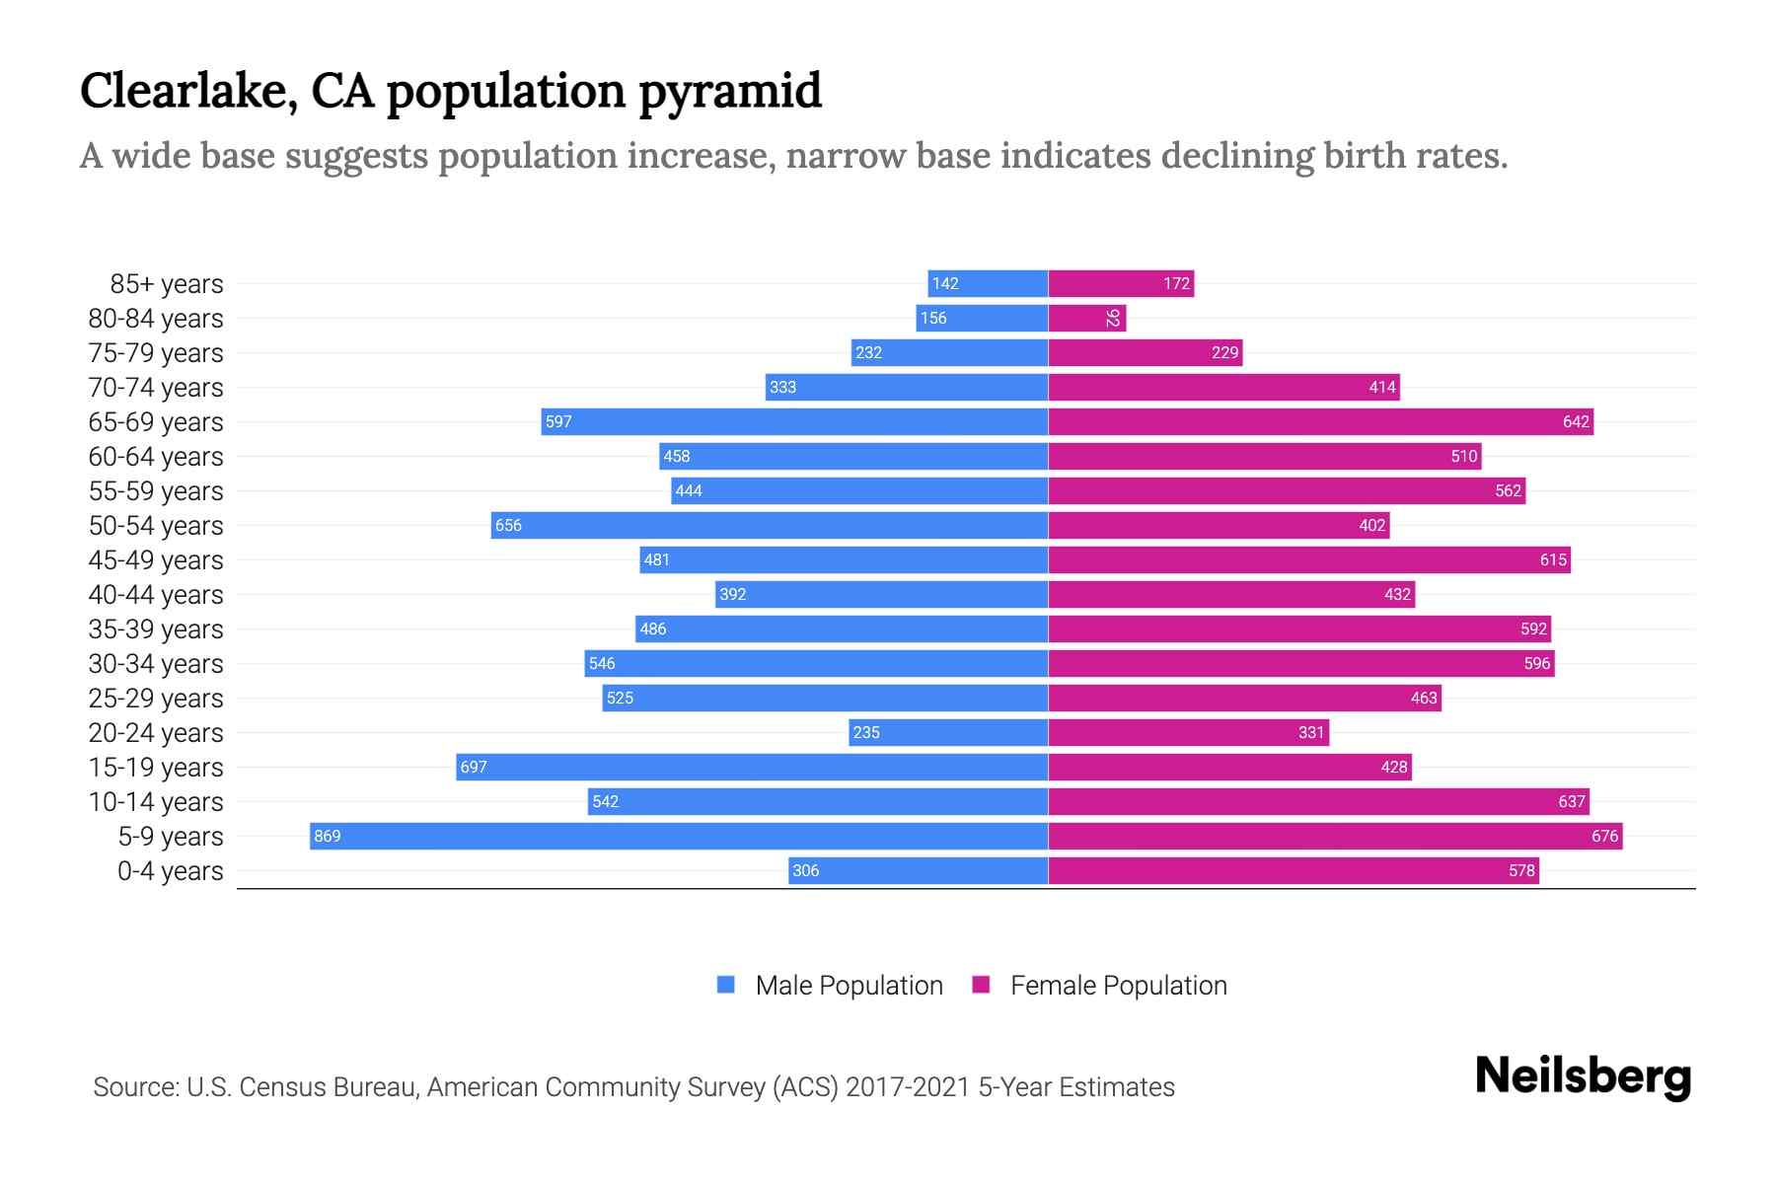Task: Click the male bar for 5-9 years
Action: click(x=679, y=836)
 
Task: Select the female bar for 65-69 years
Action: click(x=1320, y=421)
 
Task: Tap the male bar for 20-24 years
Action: click(x=948, y=732)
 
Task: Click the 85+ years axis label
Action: click(x=167, y=284)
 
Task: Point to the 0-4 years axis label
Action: click(x=170, y=871)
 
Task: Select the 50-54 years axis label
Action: click(x=156, y=526)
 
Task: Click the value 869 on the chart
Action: click(x=327, y=837)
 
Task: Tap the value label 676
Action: click(x=1604, y=837)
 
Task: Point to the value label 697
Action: click(x=474, y=768)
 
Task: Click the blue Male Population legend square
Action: click(x=726, y=985)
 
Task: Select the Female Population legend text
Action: click(x=1118, y=986)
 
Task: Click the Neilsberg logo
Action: click(x=1583, y=1076)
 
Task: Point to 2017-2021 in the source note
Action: click(x=908, y=1087)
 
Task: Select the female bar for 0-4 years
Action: click(x=1293, y=870)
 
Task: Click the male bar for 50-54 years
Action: click(x=770, y=525)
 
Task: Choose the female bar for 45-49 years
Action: click(x=1308, y=559)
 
